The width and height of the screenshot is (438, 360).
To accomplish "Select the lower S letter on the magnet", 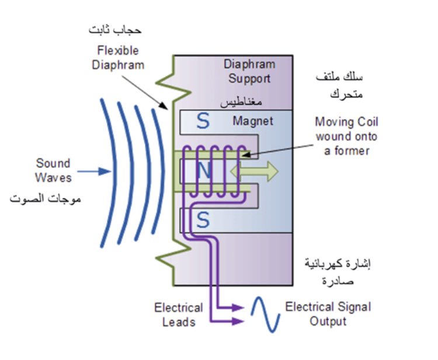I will coord(202,219).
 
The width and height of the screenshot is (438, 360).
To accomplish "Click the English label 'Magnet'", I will coord(253,121).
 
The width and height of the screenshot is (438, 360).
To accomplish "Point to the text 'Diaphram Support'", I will coord(249,71).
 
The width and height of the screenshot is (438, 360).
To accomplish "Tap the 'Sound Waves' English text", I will coord(53,170).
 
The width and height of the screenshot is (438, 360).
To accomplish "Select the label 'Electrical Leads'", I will coord(179,314).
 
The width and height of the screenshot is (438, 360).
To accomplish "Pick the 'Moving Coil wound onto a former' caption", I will coord(346,137).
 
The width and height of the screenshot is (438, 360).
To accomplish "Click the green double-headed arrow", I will coord(255,171).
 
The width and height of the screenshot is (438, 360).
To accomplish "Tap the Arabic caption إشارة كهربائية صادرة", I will coord(338,271).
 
